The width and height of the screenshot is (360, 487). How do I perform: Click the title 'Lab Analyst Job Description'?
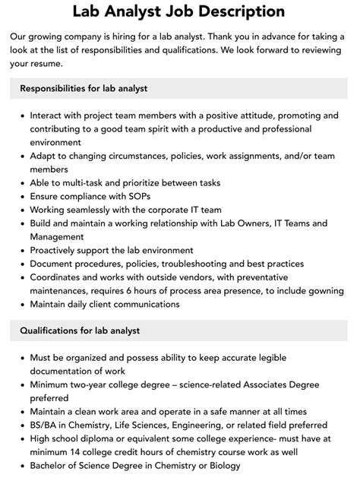tap(179, 11)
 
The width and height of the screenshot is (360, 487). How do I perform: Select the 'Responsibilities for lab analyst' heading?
tap(84, 88)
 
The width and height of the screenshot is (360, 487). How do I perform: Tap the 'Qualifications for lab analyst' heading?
tap(80, 330)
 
